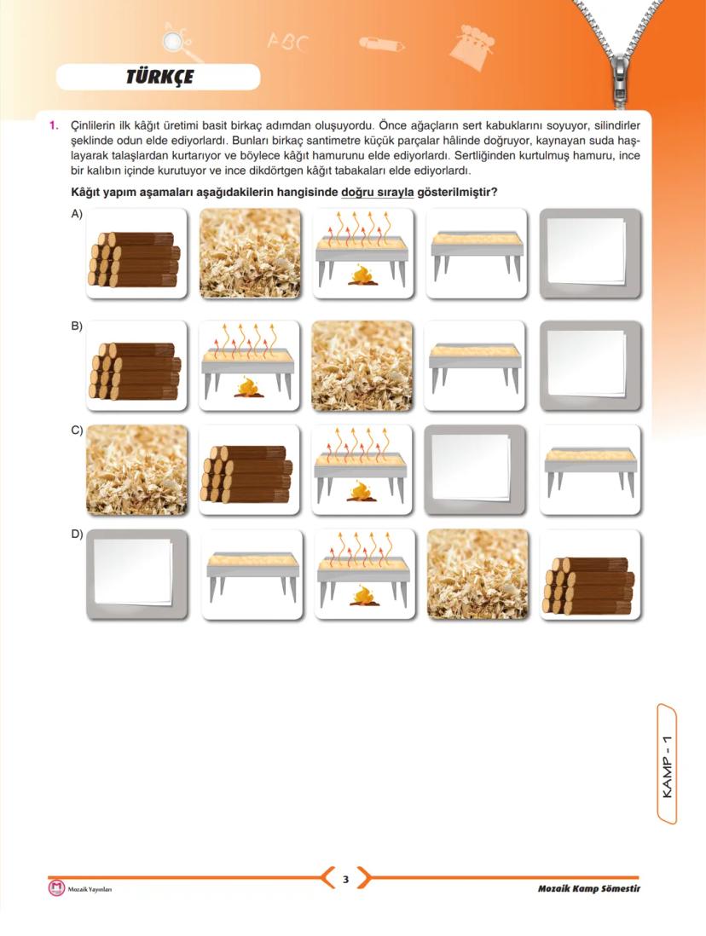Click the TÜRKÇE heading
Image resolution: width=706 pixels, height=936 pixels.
pos(159,78)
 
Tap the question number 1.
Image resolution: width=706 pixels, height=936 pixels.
pos(53,126)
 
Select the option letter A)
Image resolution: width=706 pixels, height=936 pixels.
pos(77,215)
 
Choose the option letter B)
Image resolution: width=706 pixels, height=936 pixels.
pos(77,326)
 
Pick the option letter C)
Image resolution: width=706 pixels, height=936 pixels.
pos(77,430)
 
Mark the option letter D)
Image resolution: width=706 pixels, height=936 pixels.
pos(77,535)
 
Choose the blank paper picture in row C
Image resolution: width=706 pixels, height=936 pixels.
pos(475,470)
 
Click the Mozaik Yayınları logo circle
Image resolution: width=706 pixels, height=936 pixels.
pos(56,888)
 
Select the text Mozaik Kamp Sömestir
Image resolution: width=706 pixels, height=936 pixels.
pos(588,889)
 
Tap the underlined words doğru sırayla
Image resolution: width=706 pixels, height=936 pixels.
pos(377,193)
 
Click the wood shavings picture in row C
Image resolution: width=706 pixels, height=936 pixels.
pos(136,470)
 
